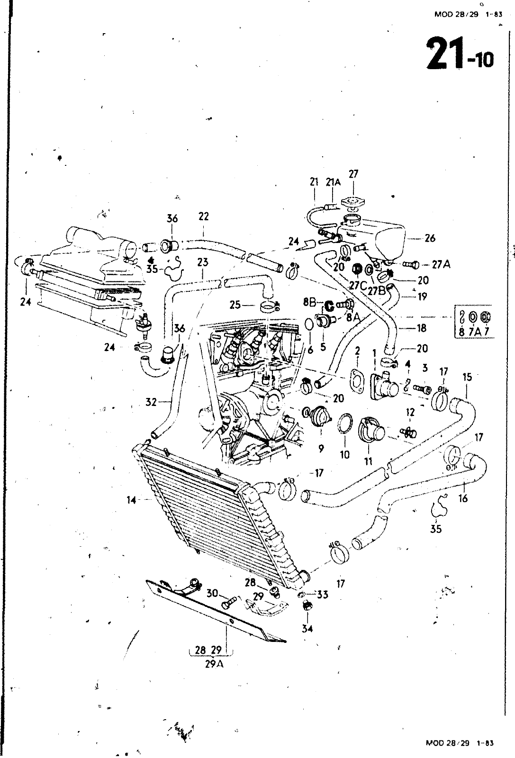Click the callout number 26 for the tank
point(430,238)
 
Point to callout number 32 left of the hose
point(151,403)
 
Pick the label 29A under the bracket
point(213,664)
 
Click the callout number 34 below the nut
point(307,629)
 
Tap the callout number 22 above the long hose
point(203,217)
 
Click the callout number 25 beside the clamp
point(235,304)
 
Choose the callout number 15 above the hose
point(467,377)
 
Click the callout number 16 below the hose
point(463,498)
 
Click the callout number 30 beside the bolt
point(212,593)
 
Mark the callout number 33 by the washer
point(323,594)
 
